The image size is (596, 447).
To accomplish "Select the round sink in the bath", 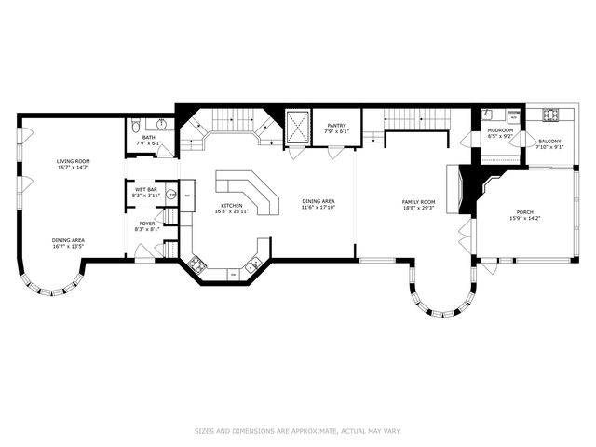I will (161, 125).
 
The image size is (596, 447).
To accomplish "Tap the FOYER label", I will (148, 223).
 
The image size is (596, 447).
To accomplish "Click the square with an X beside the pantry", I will (298, 127).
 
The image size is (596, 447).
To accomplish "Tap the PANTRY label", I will (335, 126).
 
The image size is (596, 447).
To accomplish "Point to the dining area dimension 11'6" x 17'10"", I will (318, 207).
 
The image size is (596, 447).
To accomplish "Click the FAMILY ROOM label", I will (418, 202).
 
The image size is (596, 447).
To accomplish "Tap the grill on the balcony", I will (550, 115).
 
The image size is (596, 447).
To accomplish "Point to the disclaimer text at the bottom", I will (297, 430).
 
